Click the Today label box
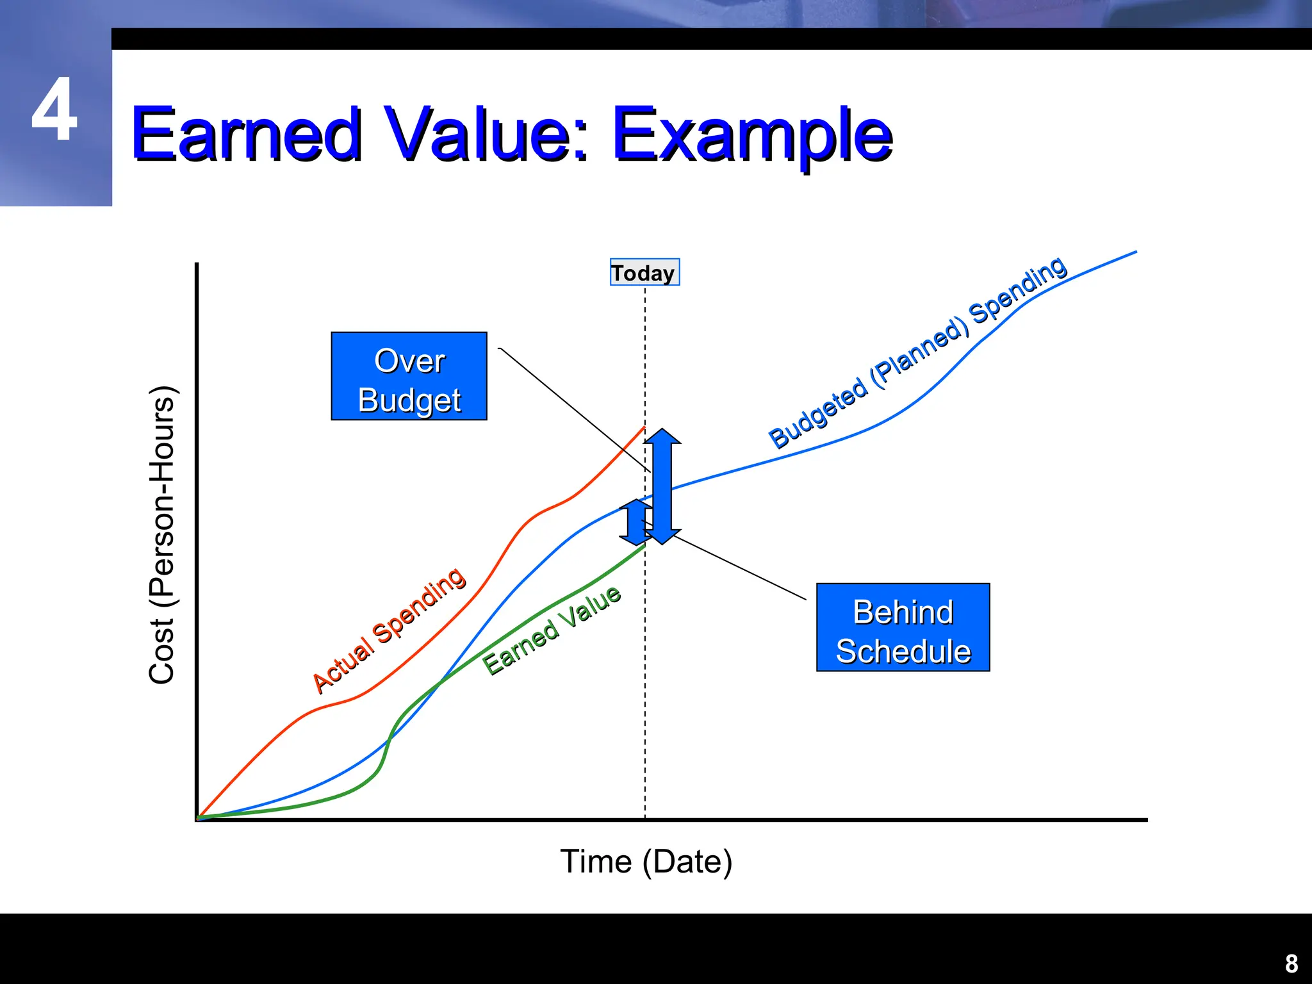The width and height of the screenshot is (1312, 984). point(644,272)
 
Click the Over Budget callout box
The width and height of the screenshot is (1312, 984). point(409,376)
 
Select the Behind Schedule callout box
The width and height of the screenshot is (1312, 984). point(903,627)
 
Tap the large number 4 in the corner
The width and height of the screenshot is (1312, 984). point(54,110)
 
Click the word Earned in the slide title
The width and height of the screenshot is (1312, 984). point(247,135)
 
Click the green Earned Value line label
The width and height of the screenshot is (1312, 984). point(552,630)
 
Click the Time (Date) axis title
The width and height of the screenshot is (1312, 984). point(646,862)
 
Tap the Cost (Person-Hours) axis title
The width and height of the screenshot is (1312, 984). point(161,535)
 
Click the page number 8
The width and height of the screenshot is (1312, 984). point(1291,963)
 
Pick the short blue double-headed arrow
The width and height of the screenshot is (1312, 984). point(635,522)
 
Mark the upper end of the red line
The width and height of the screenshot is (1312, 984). point(644,427)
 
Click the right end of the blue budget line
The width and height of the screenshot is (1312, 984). point(1135,252)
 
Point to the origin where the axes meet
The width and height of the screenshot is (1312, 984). point(197,819)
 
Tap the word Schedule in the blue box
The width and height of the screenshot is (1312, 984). point(903,652)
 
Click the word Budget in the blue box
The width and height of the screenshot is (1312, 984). point(409,400)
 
